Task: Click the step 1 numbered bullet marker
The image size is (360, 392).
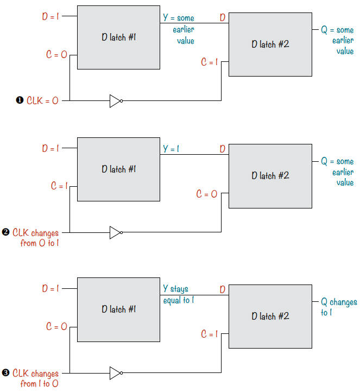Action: (x=20, y=100)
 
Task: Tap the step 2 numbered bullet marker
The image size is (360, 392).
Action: (x=5, y=233)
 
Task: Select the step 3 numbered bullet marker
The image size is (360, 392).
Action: (x=5, y=374)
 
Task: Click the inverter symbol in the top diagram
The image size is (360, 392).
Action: (x=116, y=100)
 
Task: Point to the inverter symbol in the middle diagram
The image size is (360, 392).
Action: (x=116, y=233)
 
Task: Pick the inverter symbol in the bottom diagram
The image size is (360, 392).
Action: (x=116, y=374)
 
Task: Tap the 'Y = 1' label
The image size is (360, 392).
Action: (x=171, y=148)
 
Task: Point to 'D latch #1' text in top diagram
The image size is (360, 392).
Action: (x=118, y=37)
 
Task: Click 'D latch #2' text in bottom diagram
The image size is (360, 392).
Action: (x=270, y=316)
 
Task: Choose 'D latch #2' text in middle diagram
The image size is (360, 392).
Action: (x=270, y=175)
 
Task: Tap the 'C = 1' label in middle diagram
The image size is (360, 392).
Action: (x=59, y=186)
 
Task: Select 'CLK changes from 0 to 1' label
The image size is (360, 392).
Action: (x=36, y=238)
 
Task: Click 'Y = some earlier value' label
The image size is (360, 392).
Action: (x=179, y=29)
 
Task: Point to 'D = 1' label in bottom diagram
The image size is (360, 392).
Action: (x=50, y=289)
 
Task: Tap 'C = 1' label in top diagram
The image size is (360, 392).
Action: (x=209, y=62)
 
